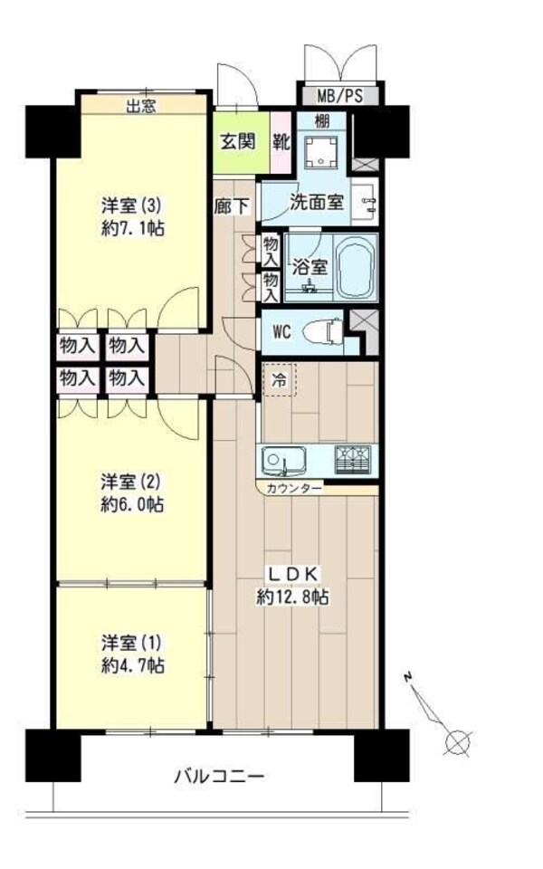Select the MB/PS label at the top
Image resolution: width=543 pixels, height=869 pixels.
pos(340,95)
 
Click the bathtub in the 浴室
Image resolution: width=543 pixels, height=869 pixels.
pos(356,270)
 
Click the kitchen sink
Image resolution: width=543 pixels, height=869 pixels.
pos(282,463)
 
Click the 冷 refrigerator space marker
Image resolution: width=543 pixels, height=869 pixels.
pos(280,381)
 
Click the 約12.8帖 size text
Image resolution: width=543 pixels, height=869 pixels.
pos(291,597)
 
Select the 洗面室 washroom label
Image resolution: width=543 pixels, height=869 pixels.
pos(316,203)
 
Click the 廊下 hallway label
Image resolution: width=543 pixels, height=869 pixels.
pos(232,205)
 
